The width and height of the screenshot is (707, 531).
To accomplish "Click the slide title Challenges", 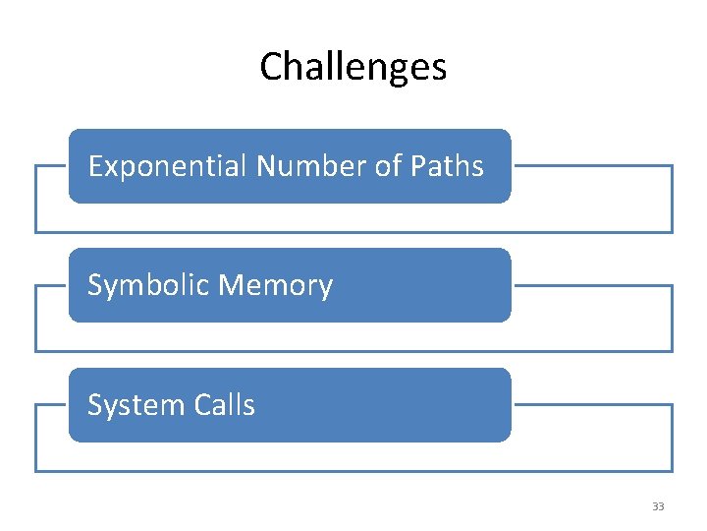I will pyautogui.click(x=353, y=67).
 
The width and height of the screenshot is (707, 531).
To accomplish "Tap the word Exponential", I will pyautogui.click(x=168, y=166).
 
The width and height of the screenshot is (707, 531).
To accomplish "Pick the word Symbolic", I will pyautogui.click(x=149, y=286).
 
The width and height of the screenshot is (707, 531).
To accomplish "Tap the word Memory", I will pyautogui.click(x=277, y=286).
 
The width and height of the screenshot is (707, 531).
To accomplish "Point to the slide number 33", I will pyautogui.click(x=658, y=506).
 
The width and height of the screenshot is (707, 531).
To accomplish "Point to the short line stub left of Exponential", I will pyautogui.click(x=51, y=165).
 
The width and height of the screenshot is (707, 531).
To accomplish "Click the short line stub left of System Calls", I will pyautogui.click(x=51, y=404).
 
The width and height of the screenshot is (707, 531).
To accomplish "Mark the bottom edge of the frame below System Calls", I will pyautogui.click(x=353, y=471).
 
